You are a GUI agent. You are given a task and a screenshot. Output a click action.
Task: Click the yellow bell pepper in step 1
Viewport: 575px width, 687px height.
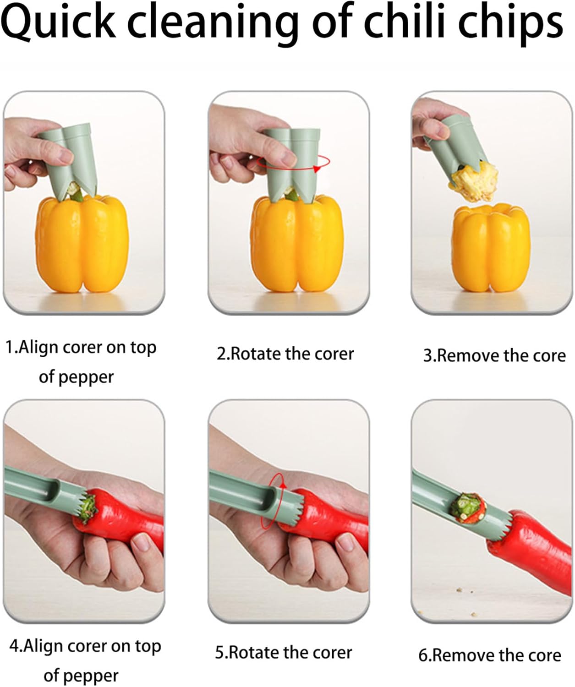tap(82, 245)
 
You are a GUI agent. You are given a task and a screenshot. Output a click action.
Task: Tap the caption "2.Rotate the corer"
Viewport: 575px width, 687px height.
tap(285, 354)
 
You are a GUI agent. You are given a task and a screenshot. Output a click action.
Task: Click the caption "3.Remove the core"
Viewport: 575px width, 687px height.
tap(494, 356)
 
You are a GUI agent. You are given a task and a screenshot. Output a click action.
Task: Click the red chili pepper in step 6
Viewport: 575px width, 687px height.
tap(531, 554)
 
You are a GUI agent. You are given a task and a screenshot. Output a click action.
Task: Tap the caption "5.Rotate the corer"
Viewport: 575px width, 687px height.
tap(284, 653)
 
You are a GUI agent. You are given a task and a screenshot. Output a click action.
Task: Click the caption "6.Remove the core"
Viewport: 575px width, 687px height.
tap(490, 655)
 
